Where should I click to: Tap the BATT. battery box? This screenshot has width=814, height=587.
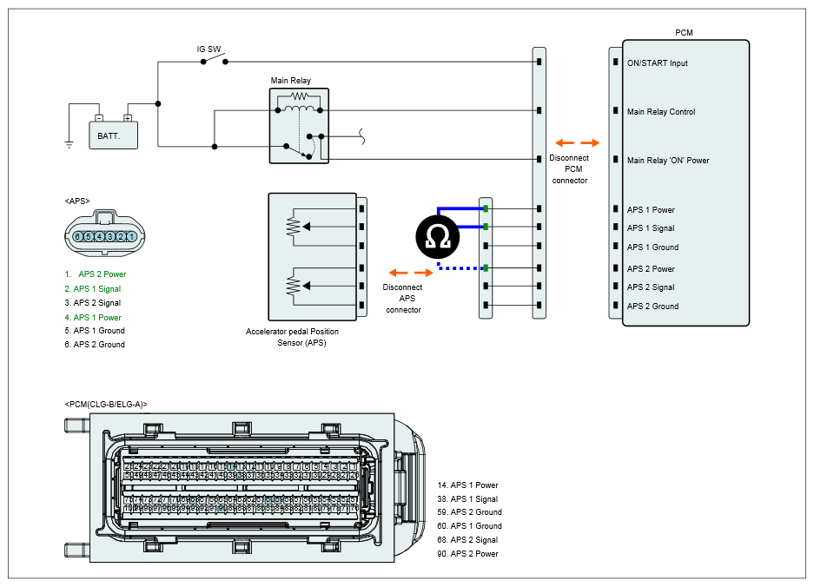[114, 135]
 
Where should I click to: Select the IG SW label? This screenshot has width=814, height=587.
[208, 49]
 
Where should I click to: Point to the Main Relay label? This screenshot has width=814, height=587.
[290, 81]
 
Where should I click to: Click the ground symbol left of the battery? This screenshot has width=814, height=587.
[69, 144]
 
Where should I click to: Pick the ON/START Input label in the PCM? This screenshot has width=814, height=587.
[657, 63]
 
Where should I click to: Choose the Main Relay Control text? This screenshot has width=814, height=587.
[661, 112]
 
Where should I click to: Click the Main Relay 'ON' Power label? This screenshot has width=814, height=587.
[668, 161]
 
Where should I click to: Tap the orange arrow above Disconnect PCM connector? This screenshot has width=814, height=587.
[578, 142]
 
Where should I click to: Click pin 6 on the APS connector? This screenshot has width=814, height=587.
[78, 236]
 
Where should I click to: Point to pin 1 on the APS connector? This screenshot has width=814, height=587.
[131, 236]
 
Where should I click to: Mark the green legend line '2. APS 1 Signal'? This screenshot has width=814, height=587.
[92, 289]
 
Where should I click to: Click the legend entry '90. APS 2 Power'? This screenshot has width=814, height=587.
[468, 554]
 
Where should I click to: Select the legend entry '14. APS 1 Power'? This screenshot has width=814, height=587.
[468, 485]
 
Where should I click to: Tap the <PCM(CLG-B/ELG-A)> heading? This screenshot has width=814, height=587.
[106, 404]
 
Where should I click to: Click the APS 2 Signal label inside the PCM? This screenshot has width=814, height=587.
[651, 287]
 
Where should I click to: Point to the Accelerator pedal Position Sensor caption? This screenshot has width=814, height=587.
[292, 337]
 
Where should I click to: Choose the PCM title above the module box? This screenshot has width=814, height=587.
[684, 33]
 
